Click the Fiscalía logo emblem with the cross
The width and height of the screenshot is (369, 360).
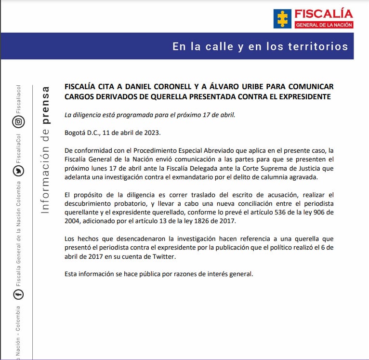pos(282,18)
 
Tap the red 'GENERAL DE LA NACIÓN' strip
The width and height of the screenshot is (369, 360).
pos(324,25)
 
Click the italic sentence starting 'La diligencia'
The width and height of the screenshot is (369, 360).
pos(150,115)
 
